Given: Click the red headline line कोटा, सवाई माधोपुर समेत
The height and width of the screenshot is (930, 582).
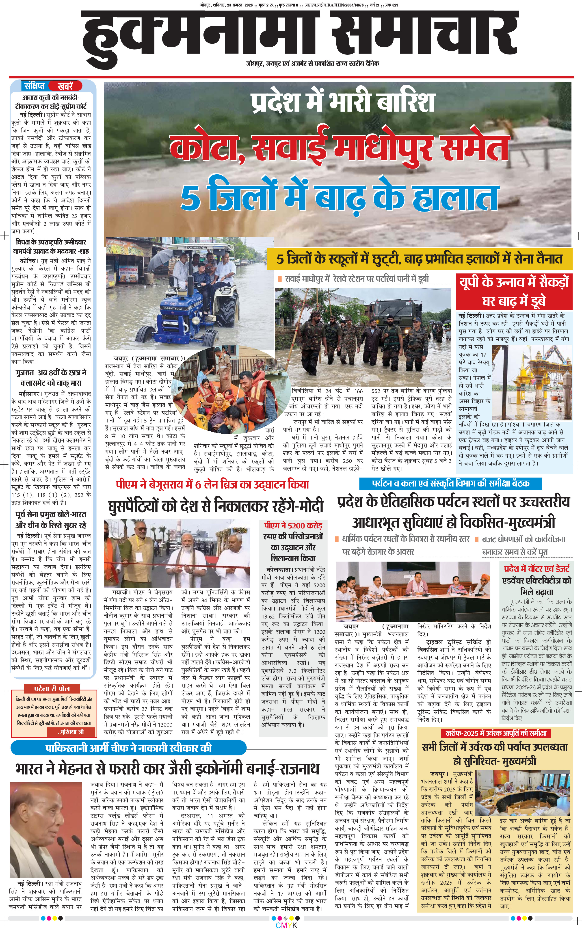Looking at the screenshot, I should (x=339, y=148).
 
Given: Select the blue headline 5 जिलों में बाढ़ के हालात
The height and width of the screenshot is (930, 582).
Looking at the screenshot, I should (x=339, y=197).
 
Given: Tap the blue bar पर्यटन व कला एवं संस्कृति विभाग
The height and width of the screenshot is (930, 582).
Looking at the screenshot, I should (x=450, y=483).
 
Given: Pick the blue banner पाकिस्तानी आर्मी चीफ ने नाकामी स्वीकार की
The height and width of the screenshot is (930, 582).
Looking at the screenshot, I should (x=129, y=748).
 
